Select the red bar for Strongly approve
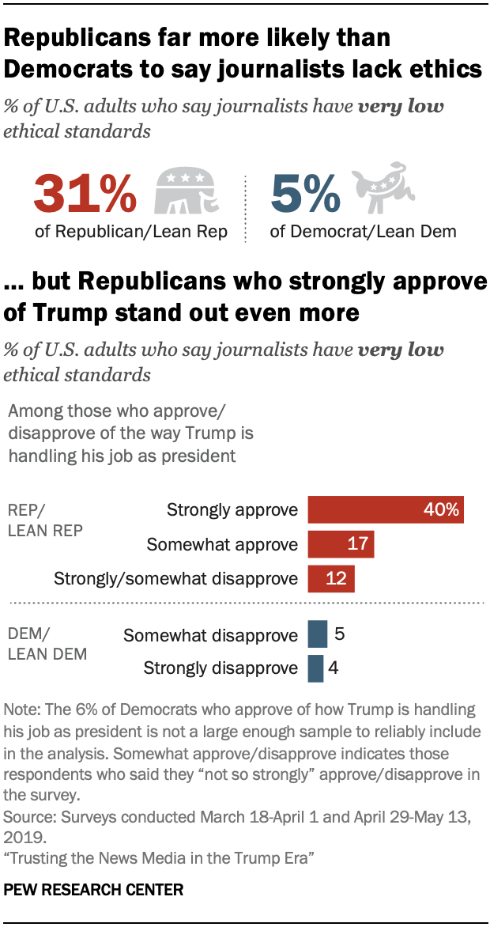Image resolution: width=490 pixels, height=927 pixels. [x=385, y=510]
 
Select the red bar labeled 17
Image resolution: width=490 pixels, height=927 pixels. [x=340, y=544]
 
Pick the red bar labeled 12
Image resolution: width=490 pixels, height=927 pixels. [x=330, y=578]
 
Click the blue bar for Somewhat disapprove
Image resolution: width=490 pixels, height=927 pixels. [x=317, y=634]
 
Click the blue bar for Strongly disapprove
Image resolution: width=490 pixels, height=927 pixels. [x=315, y=668]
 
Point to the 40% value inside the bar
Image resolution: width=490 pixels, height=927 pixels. [x=441, y=510]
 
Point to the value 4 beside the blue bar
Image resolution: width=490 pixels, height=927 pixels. [x=334, y=668]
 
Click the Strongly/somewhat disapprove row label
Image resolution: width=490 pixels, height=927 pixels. [x=175, y=578]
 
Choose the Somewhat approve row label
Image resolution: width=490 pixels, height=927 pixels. [x=222, y=544]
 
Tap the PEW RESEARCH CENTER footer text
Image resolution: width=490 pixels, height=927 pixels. [x=93, y=890]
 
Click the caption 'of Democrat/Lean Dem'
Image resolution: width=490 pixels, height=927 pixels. [x=363, y=231]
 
